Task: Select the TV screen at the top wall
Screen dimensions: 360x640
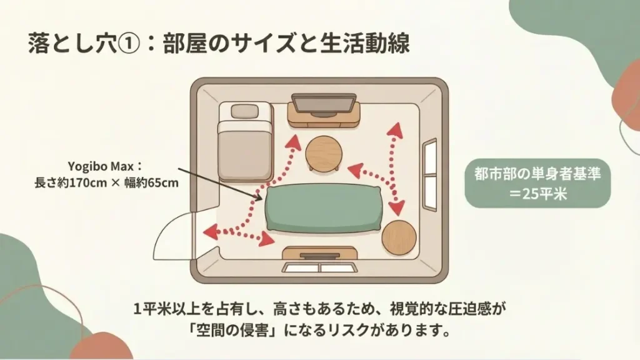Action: click(x=323, y=104)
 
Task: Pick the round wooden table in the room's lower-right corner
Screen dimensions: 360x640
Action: click(x=400, y=237)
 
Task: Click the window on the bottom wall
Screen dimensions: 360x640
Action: click(x=319, y=267)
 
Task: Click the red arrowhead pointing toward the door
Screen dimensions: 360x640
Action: click(x=208, y=232)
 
